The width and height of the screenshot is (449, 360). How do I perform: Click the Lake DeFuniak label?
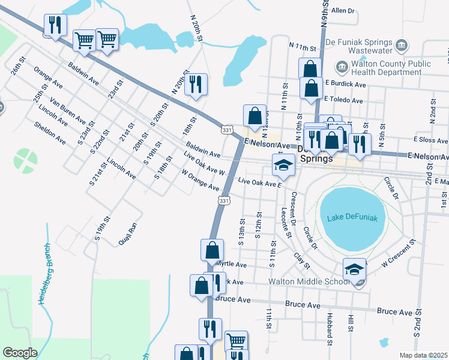pos(352,218)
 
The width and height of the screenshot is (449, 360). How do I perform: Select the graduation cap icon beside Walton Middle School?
pos(355,270)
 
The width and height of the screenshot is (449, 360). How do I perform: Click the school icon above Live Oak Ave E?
pos(283,166)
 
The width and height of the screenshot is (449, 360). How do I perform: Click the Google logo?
pos(20,353)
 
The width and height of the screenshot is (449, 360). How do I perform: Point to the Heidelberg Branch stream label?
pos(44,274)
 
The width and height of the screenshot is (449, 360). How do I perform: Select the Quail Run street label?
pos(132,229)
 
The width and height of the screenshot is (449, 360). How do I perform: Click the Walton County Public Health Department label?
pos(390,68)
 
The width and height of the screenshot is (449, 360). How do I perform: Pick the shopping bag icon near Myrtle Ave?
pos(212,250)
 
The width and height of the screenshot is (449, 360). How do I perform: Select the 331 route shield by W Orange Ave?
pos(224,200)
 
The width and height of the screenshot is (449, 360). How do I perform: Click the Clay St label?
pos(302,260)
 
